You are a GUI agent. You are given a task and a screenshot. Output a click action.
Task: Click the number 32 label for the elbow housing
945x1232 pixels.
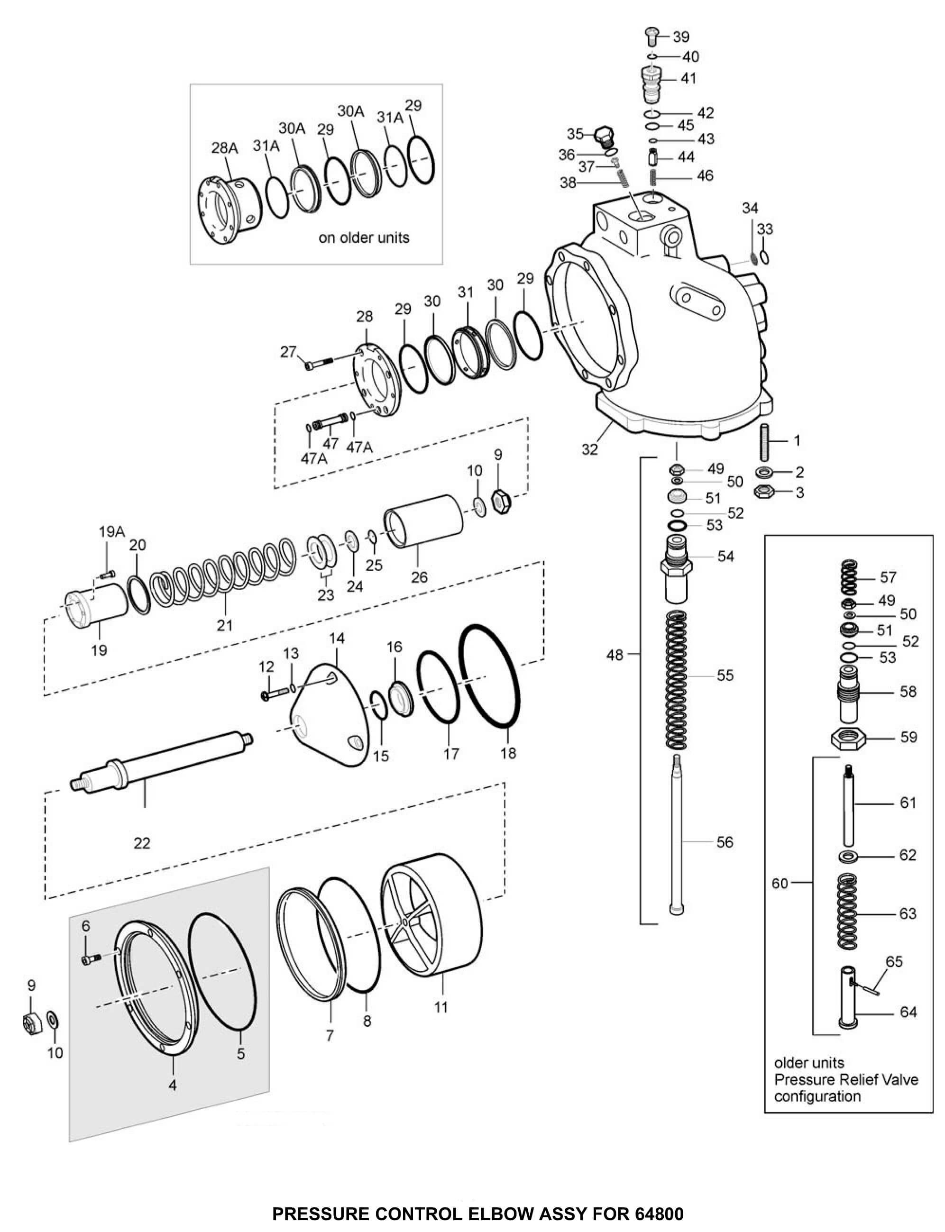[589, 449]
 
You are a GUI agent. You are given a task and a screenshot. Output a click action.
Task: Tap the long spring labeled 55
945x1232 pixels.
[677, 680]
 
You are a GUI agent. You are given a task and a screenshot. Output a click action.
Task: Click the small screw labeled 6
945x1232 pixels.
[90, 958]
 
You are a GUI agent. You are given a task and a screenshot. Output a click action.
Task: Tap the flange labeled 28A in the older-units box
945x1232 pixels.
[228, 208]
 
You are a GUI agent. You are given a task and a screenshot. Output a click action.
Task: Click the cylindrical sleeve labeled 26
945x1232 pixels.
[423, 520]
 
